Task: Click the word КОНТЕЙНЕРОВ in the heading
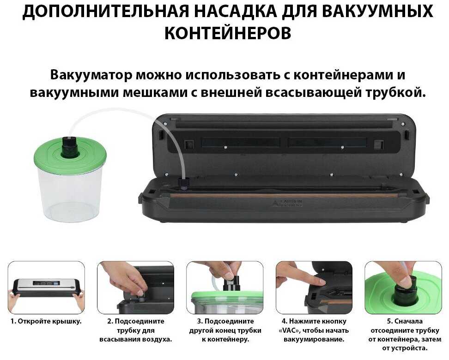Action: (228, 33)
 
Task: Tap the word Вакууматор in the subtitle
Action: (91, 75)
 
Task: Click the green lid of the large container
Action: (70, 158)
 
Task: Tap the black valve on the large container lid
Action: (70, 146)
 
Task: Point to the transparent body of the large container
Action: (70, 198)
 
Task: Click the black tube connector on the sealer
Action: (183, 183)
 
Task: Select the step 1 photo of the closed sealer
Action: (46, 288)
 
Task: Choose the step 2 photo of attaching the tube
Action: (135, 288)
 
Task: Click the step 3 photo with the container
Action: (225, 288)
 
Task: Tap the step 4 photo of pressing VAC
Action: (314, 288)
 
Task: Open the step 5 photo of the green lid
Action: (403, 288)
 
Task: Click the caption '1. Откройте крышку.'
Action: (46, 321)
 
